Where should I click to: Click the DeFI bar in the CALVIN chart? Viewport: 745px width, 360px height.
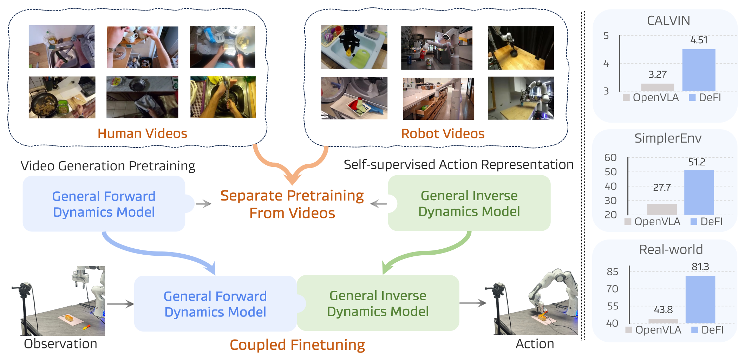(x=699, y=70)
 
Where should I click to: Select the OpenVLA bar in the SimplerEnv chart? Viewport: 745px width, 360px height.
(x=662, y=209)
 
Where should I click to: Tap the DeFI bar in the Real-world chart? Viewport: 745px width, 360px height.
(x=700, y=300)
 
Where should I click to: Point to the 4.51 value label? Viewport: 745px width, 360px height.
(x=699, y=40)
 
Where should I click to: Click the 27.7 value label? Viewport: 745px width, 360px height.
(x=662, y=188)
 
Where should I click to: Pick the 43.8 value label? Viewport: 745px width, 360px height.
(x=663, y=310)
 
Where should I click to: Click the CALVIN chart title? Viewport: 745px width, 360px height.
(x=668, y=21)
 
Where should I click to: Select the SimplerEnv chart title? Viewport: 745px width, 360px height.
(x=668, y=138)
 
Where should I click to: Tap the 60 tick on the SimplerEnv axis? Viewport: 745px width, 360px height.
(x=610, y=158)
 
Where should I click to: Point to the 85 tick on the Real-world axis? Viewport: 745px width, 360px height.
(x=613, y=272)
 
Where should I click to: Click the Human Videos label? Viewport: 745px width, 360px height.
(x=142, y=133)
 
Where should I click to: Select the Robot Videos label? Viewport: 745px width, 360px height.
(x=443, y=133)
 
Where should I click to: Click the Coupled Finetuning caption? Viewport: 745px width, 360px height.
(x=297, y=345)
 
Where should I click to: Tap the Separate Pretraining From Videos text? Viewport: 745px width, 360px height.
(x=292, y=204)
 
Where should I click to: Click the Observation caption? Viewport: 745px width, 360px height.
(x=60, y=344)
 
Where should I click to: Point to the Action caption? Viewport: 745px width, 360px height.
(x=535, y=344)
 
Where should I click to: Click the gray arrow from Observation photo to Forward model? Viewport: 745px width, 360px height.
(x=120, y=304)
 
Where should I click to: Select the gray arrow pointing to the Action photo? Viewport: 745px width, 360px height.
(x=473, y=303)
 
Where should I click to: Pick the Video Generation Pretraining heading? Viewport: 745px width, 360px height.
(x=108, y=166)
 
